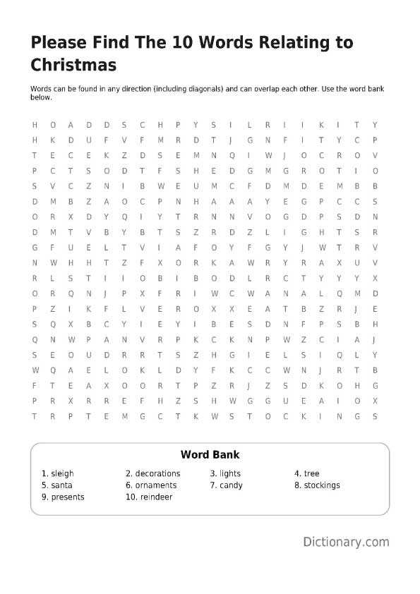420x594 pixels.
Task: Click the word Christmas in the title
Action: point(73,66)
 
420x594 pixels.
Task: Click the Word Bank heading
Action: point(210,455)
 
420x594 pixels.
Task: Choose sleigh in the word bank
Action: point(62,473)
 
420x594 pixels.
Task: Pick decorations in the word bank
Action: point(157,473)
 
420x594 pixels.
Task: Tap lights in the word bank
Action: point(229,473)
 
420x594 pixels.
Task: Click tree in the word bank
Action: point(311,473)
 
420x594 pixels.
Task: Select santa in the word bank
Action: point(61,485)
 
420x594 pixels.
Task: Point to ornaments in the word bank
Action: point(155,485)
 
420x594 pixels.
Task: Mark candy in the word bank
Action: point(231,485)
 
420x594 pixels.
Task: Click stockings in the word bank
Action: point(322,485)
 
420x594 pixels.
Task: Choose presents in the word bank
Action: point(67,497)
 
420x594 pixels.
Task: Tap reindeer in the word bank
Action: point(155,497)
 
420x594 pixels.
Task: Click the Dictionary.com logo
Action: point(346,542)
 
